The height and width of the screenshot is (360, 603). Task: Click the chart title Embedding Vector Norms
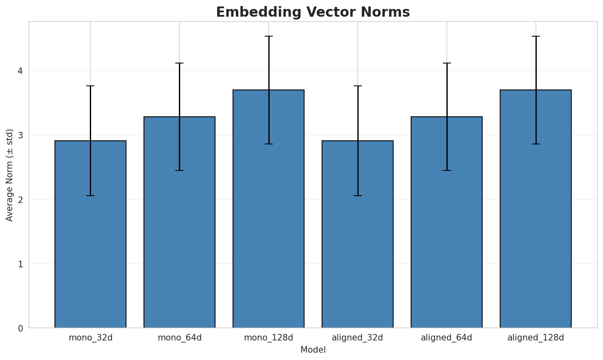[x=313, y=12]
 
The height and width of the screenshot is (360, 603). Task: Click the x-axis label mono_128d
[x=268, y=338]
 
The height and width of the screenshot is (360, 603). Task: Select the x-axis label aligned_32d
[x=357, y=338]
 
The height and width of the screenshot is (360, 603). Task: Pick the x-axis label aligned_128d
[x=536, y=338]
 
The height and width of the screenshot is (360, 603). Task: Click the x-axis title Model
[x=313, y=350]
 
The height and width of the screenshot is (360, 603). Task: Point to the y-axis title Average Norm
[x=10, y=175]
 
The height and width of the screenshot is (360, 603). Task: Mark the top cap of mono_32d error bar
[x=90, y=86]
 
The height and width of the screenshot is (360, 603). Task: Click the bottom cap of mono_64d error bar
[x=179, y=170]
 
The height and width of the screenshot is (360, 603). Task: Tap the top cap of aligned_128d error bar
[x=536, y=36]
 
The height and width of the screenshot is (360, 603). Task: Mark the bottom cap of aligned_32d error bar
[x=357, y=196]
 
